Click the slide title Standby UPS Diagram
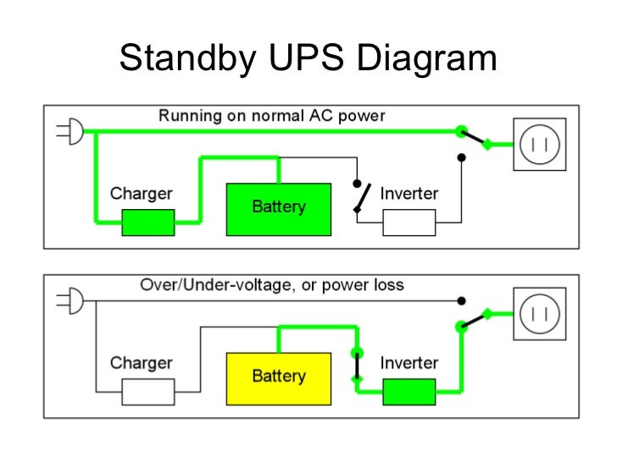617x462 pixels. pos(308,58)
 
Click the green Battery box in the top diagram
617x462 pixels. pos(279,207)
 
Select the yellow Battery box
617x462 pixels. pos(279,377)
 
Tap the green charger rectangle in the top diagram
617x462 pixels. pos(147,223)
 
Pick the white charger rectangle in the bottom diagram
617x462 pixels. pos(147,392)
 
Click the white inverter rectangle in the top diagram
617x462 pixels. pos(409,223)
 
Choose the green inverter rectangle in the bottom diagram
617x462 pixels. pos(409,392)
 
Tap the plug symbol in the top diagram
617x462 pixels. pos(70,132)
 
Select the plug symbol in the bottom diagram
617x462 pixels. pos(70,301)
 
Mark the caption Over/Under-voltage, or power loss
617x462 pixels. pos(271,285)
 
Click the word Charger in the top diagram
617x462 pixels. pos(141,193)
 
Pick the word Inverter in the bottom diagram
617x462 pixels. pos(409,363)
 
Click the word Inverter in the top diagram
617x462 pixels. pos(409,193)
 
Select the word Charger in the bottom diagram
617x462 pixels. pos(141,363)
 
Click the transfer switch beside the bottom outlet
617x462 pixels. pos(475,318)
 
